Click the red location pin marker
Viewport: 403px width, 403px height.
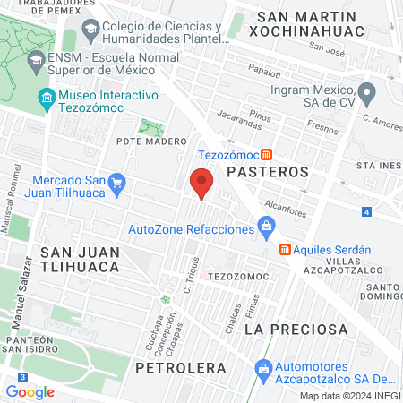point(201,184)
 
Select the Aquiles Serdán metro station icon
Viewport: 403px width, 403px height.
point(285,248)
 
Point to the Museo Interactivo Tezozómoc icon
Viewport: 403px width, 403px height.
point(45,99)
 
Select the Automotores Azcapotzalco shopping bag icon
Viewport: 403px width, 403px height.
point(263,368)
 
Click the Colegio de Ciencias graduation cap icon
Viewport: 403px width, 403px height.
point(90,31)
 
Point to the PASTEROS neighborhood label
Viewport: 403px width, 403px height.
point(267,170)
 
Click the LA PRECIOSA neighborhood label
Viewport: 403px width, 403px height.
point(296,330)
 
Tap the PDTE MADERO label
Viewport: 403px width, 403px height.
point(151,141)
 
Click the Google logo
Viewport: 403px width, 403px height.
point(30,391)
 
